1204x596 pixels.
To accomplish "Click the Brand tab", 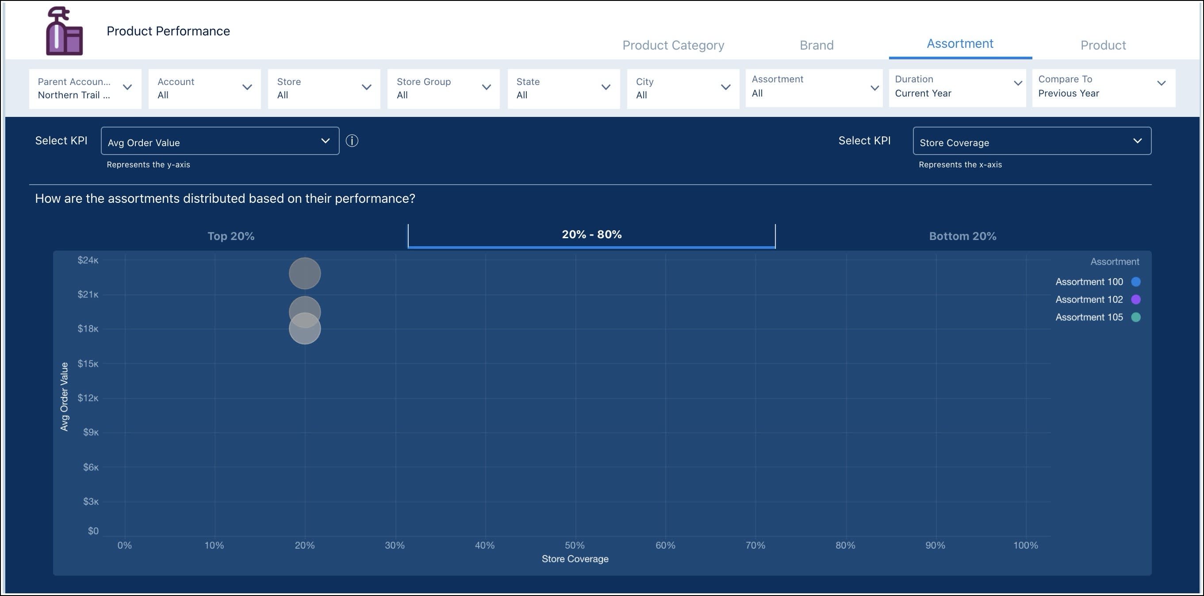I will click(x=816, y=45).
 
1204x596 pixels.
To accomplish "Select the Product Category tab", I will click(x=673, y=45).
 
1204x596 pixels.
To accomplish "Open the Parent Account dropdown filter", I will click(x=85, y=89).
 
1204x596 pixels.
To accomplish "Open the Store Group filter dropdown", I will click(x=443, y=89).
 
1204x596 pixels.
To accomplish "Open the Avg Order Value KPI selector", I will click(x=220, y=141).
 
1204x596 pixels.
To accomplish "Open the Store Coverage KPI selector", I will click(x=1031, y=141).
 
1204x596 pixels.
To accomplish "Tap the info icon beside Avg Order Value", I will click(x=352, y=141).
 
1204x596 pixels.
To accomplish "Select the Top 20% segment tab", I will click(x=231, y=236).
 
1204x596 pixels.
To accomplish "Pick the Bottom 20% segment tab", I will click(x=962, y=236).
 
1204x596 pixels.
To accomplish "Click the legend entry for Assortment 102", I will click(x=1089, y=299).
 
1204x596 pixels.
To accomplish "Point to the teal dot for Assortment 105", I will click(x=1135, y=317).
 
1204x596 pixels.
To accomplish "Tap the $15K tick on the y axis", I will click(x=88, y=364).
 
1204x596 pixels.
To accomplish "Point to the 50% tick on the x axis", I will click(x=575, y=545).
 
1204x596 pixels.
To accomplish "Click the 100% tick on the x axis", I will click(x=1025, y=545).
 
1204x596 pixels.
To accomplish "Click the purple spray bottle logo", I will click(x=65, y=31).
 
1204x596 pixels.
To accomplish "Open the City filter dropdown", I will click(x=683, y=89).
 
